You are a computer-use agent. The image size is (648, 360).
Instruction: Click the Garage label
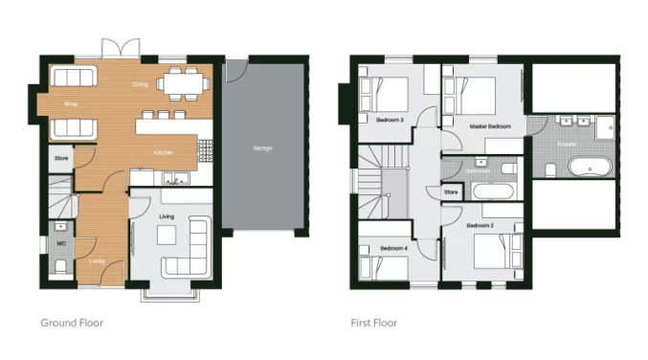261,148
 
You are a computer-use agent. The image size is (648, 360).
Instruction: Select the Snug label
70,102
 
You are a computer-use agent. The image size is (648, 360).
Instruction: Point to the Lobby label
98,259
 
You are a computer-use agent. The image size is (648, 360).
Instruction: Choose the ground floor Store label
61,158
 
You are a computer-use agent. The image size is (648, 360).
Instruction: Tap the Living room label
167,217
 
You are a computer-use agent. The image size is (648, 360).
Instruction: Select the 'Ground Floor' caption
72,324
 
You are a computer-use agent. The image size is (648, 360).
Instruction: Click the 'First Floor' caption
374,324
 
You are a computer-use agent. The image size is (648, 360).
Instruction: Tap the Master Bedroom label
489,126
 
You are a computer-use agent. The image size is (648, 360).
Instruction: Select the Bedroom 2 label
480,226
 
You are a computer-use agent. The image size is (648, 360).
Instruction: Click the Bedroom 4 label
392,248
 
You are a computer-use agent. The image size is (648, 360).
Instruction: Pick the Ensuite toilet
551,169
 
